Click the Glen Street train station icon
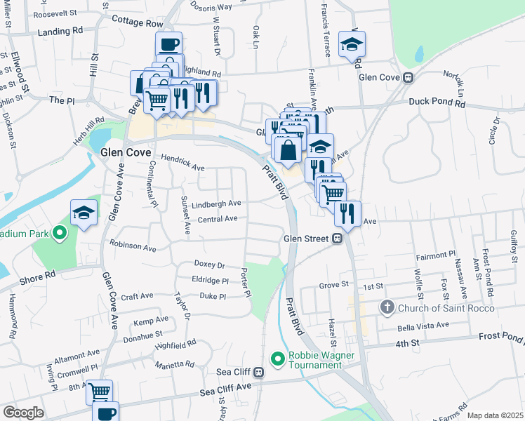tap(337, 239)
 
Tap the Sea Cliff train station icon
tap(259, 372)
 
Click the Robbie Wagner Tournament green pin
tap(278, 359)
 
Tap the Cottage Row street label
tap(137, 22)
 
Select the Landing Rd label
tap(60, 32)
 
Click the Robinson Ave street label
tap(133, 248)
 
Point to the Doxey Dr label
tap(209, 265)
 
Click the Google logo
tap(22, 413)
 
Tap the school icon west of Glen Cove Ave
tap(84, 213)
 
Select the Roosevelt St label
tap(55, 13)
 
